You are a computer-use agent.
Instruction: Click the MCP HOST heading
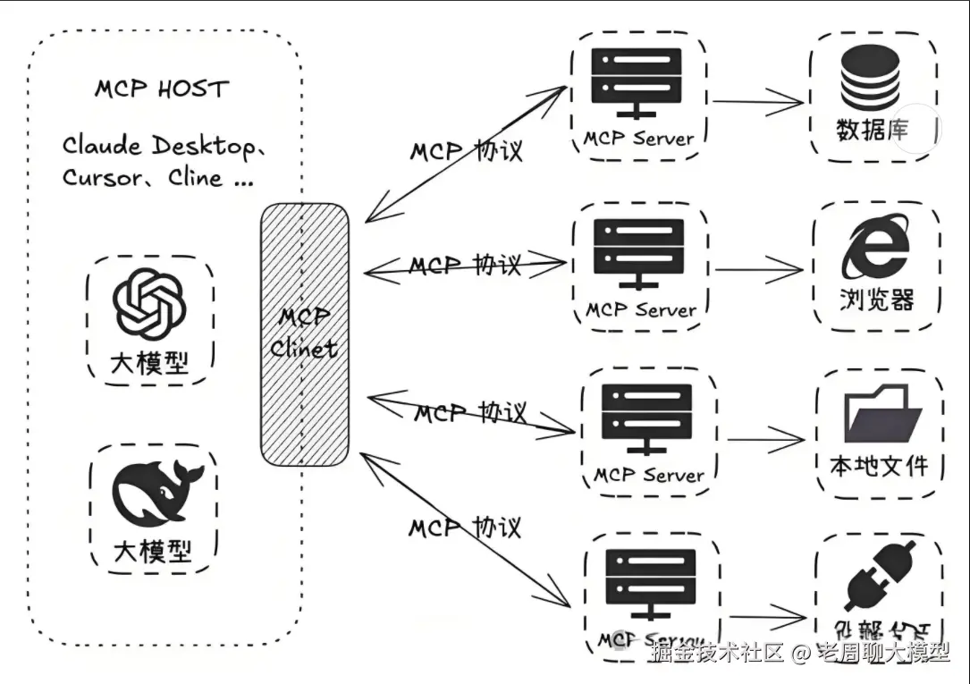[162, 89]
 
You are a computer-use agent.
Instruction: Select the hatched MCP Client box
[304, 334]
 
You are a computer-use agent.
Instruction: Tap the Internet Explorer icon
[875, 250]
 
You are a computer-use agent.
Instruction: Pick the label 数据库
[873, 131]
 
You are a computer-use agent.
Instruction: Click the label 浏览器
[876, 299]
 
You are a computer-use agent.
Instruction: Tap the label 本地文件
[879, 465]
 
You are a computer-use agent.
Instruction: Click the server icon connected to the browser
[640, 253]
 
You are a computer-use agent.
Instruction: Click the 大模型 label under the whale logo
[152, 550]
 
